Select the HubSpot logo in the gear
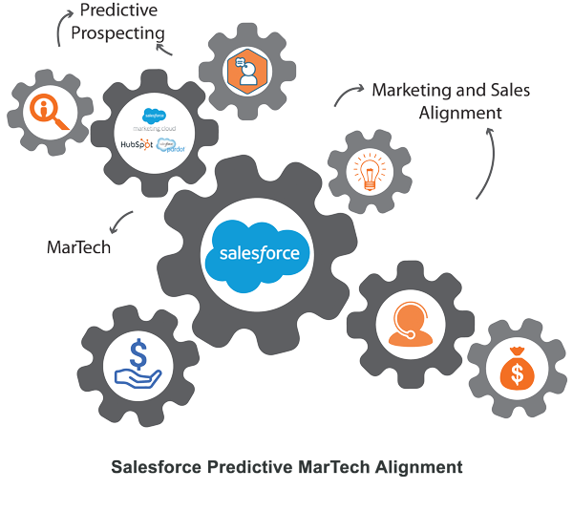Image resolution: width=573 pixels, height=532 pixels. click(133, 144)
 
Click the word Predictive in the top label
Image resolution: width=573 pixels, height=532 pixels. click(119, 11)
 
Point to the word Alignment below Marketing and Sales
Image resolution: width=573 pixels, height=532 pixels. click(460, 113)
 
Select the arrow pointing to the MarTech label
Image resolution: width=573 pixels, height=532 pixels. click(118, 223)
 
